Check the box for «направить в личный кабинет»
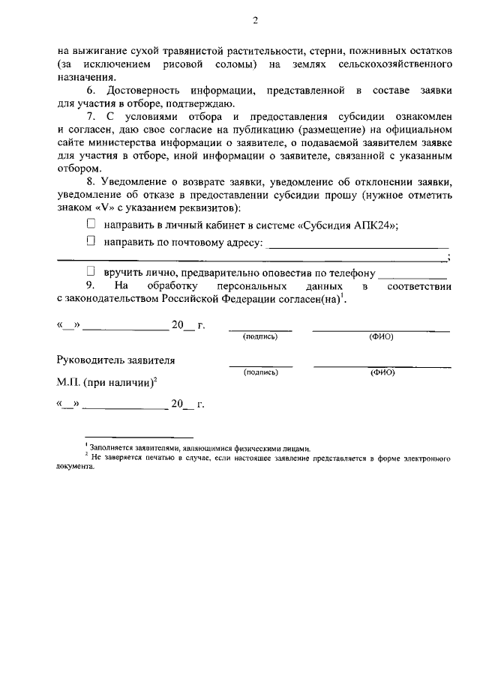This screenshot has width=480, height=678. [x=91, y=224]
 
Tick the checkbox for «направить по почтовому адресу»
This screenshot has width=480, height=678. [x=91, y=241]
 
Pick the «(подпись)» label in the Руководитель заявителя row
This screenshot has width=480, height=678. [x=260, y=372]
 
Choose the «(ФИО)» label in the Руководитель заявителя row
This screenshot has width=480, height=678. [x=382, y=372]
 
